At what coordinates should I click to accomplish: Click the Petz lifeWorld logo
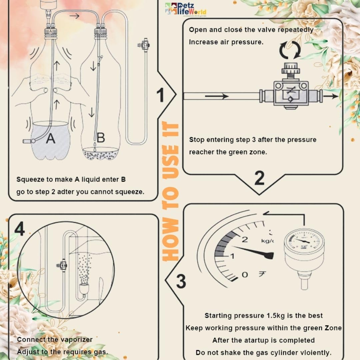click(186, 9)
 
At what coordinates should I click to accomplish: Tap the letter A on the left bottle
click(50, 138)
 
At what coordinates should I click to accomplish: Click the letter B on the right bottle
click(100, 137)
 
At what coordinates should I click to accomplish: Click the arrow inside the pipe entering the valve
click(216, 96)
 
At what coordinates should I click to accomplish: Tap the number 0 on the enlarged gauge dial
click(245, 275)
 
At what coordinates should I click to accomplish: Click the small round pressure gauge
click(304, 245)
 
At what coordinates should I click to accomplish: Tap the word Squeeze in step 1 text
click(31, 180)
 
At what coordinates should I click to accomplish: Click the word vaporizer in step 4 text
click(76, 339)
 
